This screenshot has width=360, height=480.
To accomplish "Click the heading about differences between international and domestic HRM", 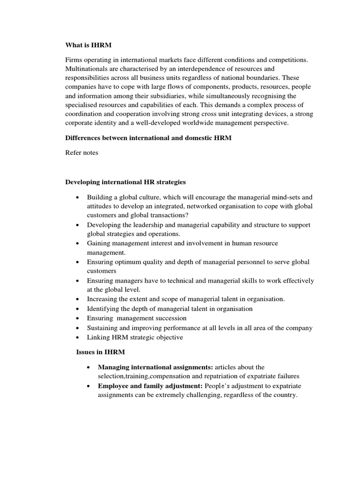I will [x=151, y=139].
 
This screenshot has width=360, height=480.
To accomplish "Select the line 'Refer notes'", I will [x=81, y=153].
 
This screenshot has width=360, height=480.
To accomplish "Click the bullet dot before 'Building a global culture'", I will [x=77, y=197].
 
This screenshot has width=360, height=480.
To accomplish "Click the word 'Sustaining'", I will [x=103, y=328].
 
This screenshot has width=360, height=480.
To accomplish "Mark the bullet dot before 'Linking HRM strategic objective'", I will [x=77, y=337].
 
